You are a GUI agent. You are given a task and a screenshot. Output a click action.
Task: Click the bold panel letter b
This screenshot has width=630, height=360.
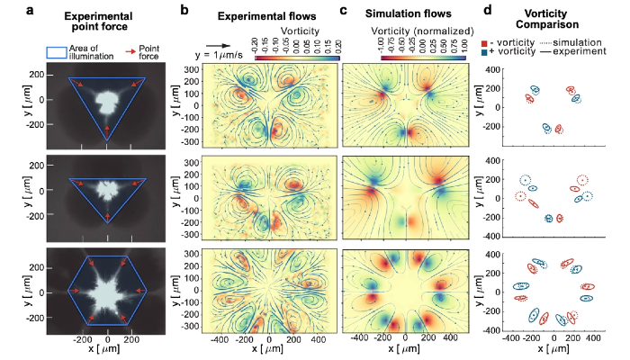click(185, 10)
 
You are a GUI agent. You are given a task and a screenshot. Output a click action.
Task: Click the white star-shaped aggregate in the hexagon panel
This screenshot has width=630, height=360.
click(109, 293)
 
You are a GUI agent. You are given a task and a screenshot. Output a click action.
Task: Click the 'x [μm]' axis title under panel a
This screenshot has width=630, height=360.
click(108, 351)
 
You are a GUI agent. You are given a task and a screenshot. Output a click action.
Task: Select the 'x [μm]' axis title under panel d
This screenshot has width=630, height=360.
click(557, 350)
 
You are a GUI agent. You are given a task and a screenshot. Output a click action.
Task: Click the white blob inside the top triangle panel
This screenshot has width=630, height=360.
click(109, 101)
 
